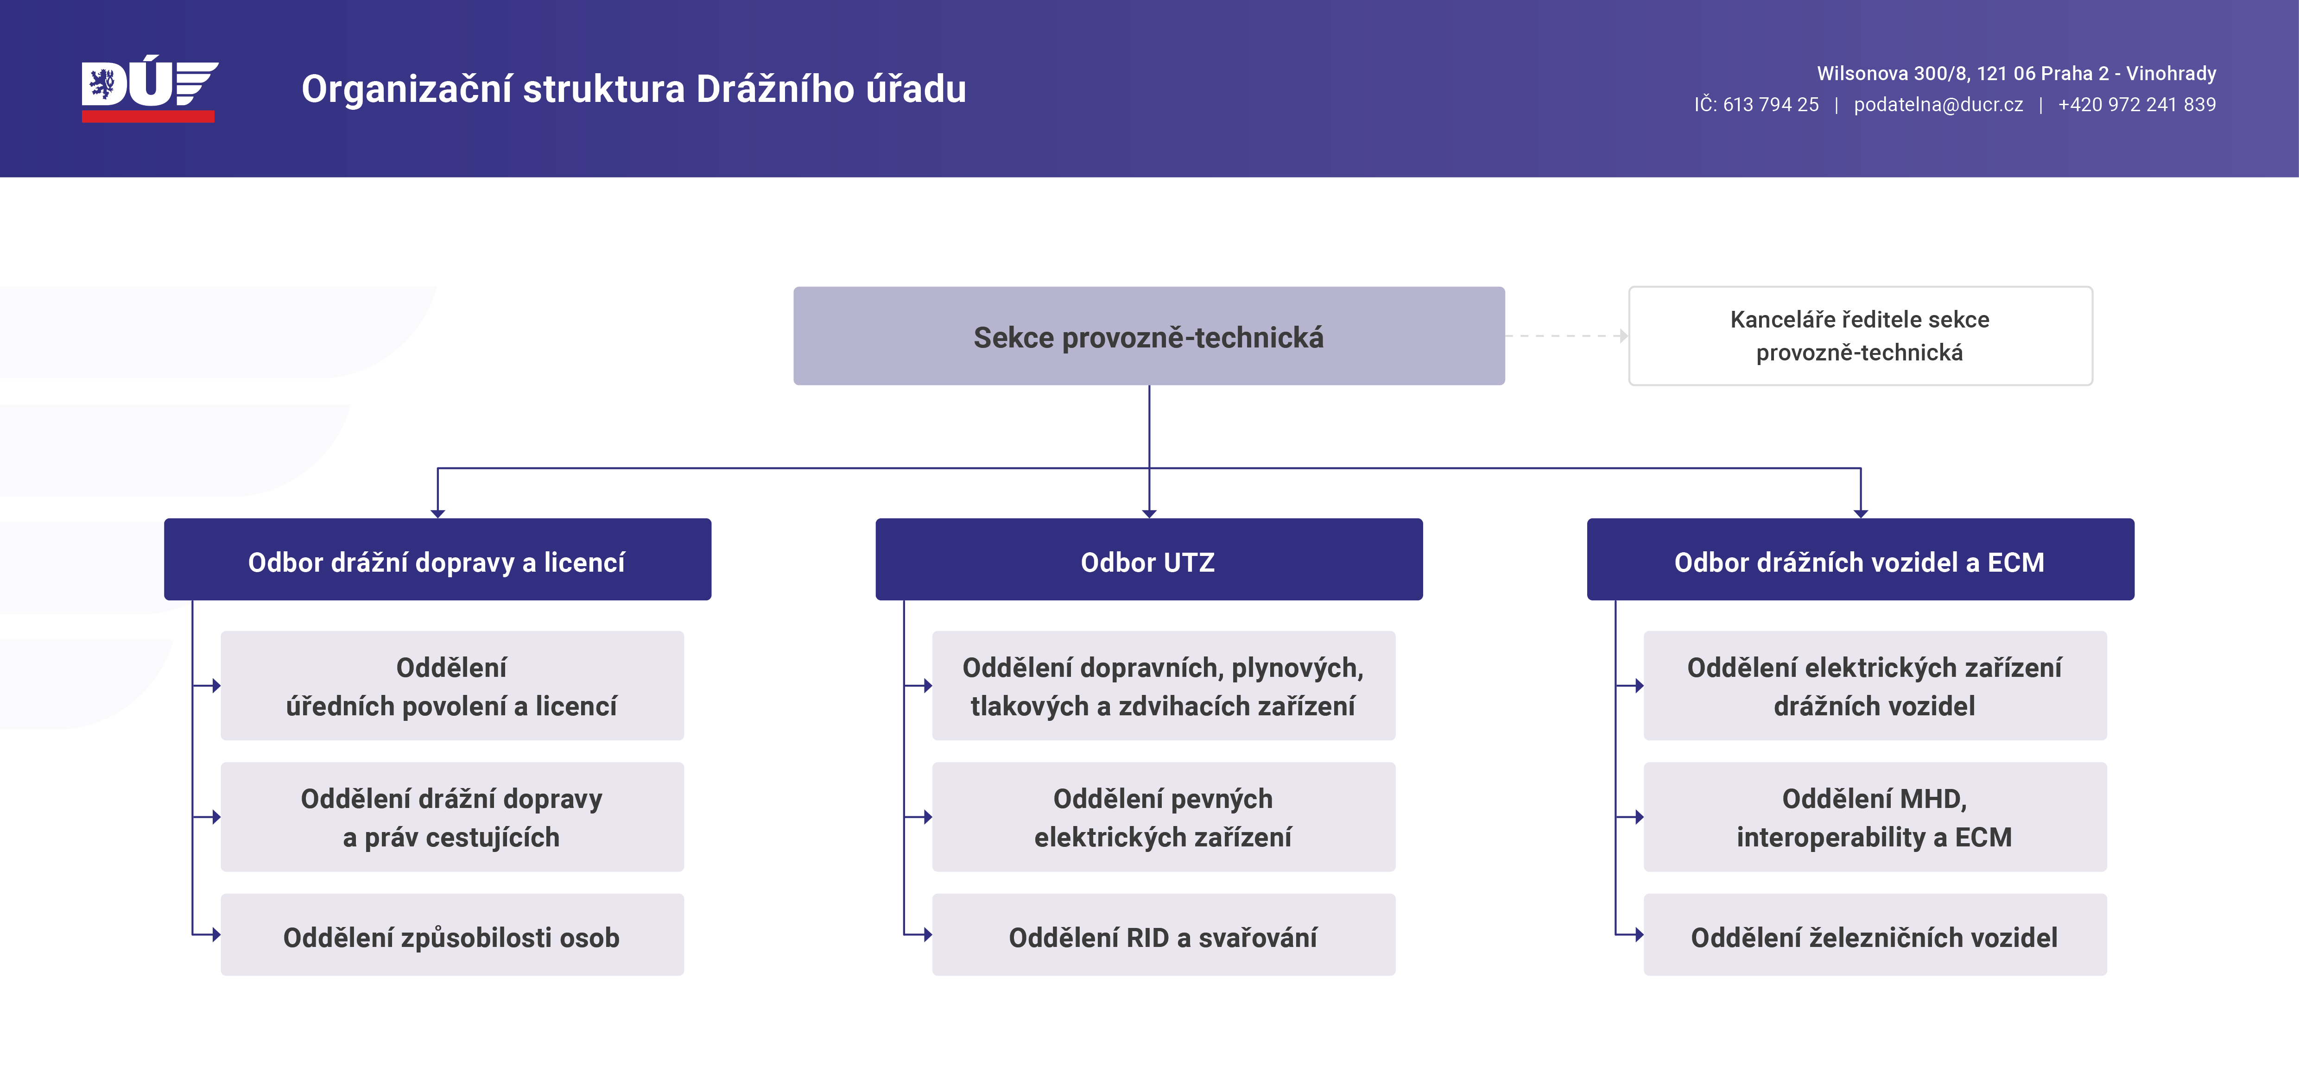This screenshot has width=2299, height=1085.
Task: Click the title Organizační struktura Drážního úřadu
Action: click(x=633, y=89)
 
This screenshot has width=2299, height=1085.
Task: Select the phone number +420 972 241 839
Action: click(x=2136, y=104)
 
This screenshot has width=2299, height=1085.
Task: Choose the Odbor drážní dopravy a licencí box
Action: click(x=437, y=560)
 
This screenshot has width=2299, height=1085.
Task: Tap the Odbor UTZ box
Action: click(x=1149, y=560)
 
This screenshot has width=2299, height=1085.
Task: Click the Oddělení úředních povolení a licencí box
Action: click(x=451, y=685)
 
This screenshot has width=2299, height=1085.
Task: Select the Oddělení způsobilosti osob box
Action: click(x=451, y=934)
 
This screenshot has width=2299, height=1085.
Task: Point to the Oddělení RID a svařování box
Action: click(x=1163, y=934)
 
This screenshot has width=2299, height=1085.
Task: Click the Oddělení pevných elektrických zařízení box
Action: click(x=1163, y=816)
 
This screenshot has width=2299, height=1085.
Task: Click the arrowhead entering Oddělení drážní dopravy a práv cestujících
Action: click(x=216, y=816)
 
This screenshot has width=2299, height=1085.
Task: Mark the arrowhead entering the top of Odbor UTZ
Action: click(x=1149, y=513)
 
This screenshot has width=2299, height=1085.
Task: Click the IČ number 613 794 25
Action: click(x=1771, y=104)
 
